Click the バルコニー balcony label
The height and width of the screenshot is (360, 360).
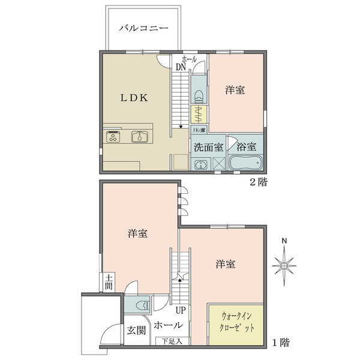(143, 28)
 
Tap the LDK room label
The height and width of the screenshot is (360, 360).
(134, 98)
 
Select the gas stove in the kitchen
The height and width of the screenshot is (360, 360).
(113, 137)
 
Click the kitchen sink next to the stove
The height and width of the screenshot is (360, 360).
(140, 137)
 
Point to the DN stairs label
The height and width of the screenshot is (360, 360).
(181, 67)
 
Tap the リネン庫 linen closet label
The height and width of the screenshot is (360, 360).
(199, 130)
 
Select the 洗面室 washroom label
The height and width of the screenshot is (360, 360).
(208, 147)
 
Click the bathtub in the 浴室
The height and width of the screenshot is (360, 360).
(246, 163)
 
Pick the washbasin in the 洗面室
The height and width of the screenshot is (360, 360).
(200, 164)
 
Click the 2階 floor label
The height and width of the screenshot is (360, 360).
(259, 182)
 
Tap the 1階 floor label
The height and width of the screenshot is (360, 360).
(281, 343)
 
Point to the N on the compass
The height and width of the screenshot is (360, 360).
(284, 241)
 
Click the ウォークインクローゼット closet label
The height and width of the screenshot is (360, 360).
(237, 322)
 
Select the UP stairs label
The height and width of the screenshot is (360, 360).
(181, 310)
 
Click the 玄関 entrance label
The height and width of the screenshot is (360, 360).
(136, 331)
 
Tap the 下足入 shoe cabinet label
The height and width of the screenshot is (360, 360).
(172, 341)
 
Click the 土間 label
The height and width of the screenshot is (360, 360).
(109, 283)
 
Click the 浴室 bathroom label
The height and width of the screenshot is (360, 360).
(247, 147)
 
